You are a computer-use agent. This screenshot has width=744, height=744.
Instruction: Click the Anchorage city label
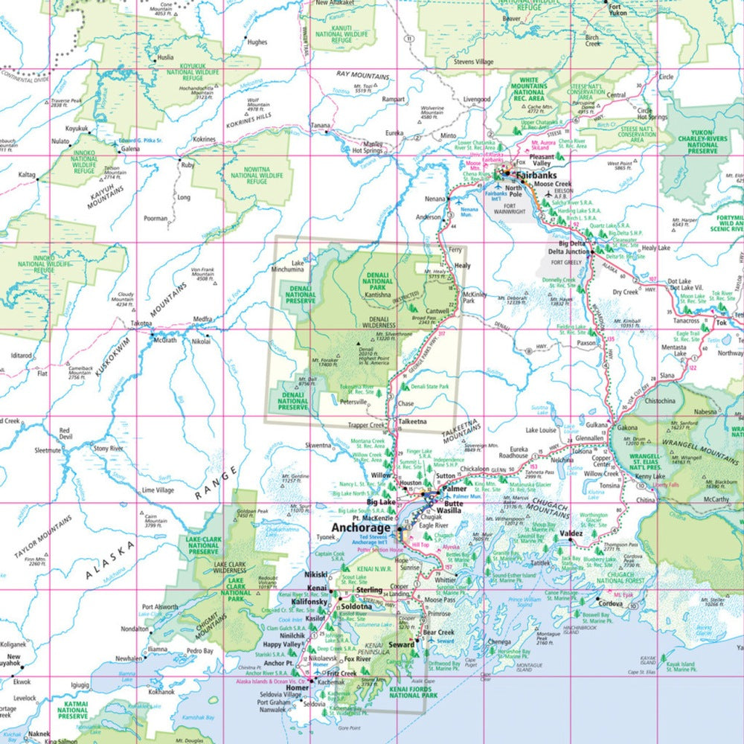tap(361, 528)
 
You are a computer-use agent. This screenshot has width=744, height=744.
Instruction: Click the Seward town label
tap(402, 644)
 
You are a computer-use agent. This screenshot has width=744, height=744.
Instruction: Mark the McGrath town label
tap(164, 340)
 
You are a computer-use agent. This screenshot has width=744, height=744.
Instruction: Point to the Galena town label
tap(130, 149)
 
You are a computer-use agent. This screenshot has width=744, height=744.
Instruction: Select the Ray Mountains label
tap(363, 76)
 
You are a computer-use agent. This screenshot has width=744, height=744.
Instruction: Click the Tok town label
tap(720, 324)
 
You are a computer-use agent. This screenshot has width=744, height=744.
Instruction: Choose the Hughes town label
tap(257, 42)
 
